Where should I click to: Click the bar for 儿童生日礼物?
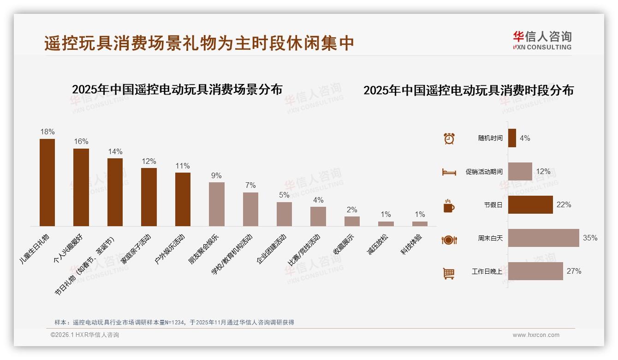pyautogui.click(x=47, y=182)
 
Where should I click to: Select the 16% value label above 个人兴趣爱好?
pyautogui.click(x=81, y=141)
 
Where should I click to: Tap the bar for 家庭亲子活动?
pyautogui.click(x=149, y=197)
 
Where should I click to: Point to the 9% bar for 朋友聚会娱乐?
pyautogui.click(x=217, y=204)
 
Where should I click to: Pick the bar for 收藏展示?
pyautogui.click(x=352, y=221)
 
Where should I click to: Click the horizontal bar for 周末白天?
pyautogui.click(x=543, y=238)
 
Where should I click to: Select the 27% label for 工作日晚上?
pyautogui.click(x=574, y=271)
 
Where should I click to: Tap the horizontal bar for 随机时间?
pyautogui.click(x=512, y=138)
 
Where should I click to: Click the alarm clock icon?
pyautogui.click(x=449, y=138)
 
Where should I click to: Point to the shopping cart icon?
pyautogui.click(x=449, y=274)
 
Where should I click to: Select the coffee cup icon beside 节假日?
pyautogui.click(x=449, y=206)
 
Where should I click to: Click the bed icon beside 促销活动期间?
pyautogui.click(x=449, y=172)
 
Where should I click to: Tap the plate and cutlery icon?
pyautogui.click(x=449, y=240)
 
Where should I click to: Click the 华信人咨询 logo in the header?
pyautogui.click(x=542, y=40)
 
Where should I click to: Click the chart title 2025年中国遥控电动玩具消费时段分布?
pyautogui.click(x=469, y=90)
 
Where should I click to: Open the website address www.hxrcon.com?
pyautogui.click(x=536, y=335)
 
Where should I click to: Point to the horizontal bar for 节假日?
pyautogui.click(x=530, y=204)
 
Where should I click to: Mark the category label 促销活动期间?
pyautogui.click(x=484, y=172)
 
